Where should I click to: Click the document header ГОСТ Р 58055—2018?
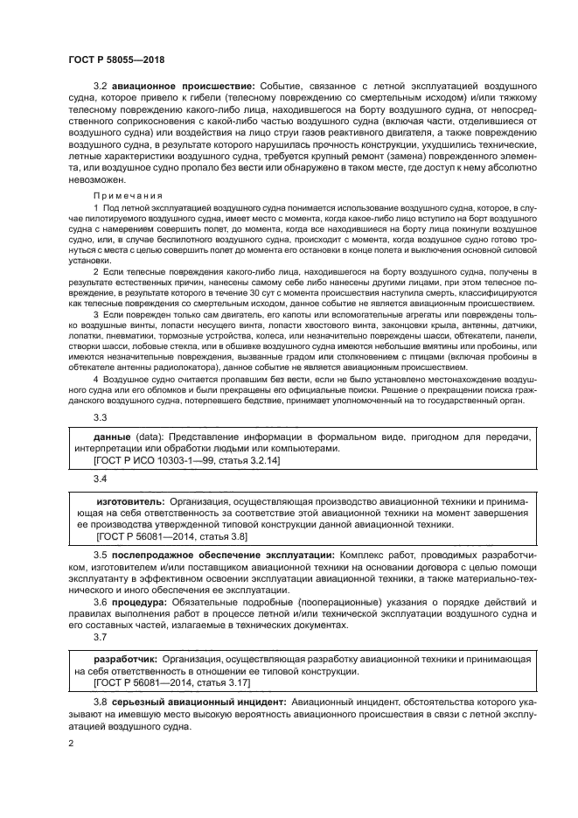pos(116,59)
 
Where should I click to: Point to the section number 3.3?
pos(101,416)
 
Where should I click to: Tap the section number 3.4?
pos(101,479)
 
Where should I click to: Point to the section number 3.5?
pos(101,556)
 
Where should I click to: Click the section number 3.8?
pos(101,703)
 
